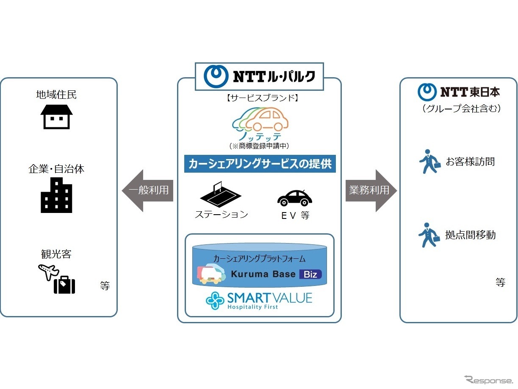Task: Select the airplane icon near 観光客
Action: [x=48, y=271]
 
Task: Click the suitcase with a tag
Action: [x=64, y=285]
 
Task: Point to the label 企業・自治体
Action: [x=56, y=169]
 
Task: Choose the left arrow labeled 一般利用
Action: [x=147, y=190]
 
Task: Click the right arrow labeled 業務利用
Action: [x=371, y=190]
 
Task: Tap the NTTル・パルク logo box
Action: [x=259, y=76]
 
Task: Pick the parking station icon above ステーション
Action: [x=220, y=194]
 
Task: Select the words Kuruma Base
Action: [x=263, y=274]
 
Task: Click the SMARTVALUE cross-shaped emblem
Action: [x=215, y=300]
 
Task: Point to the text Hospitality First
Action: [x=253, y=307]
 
